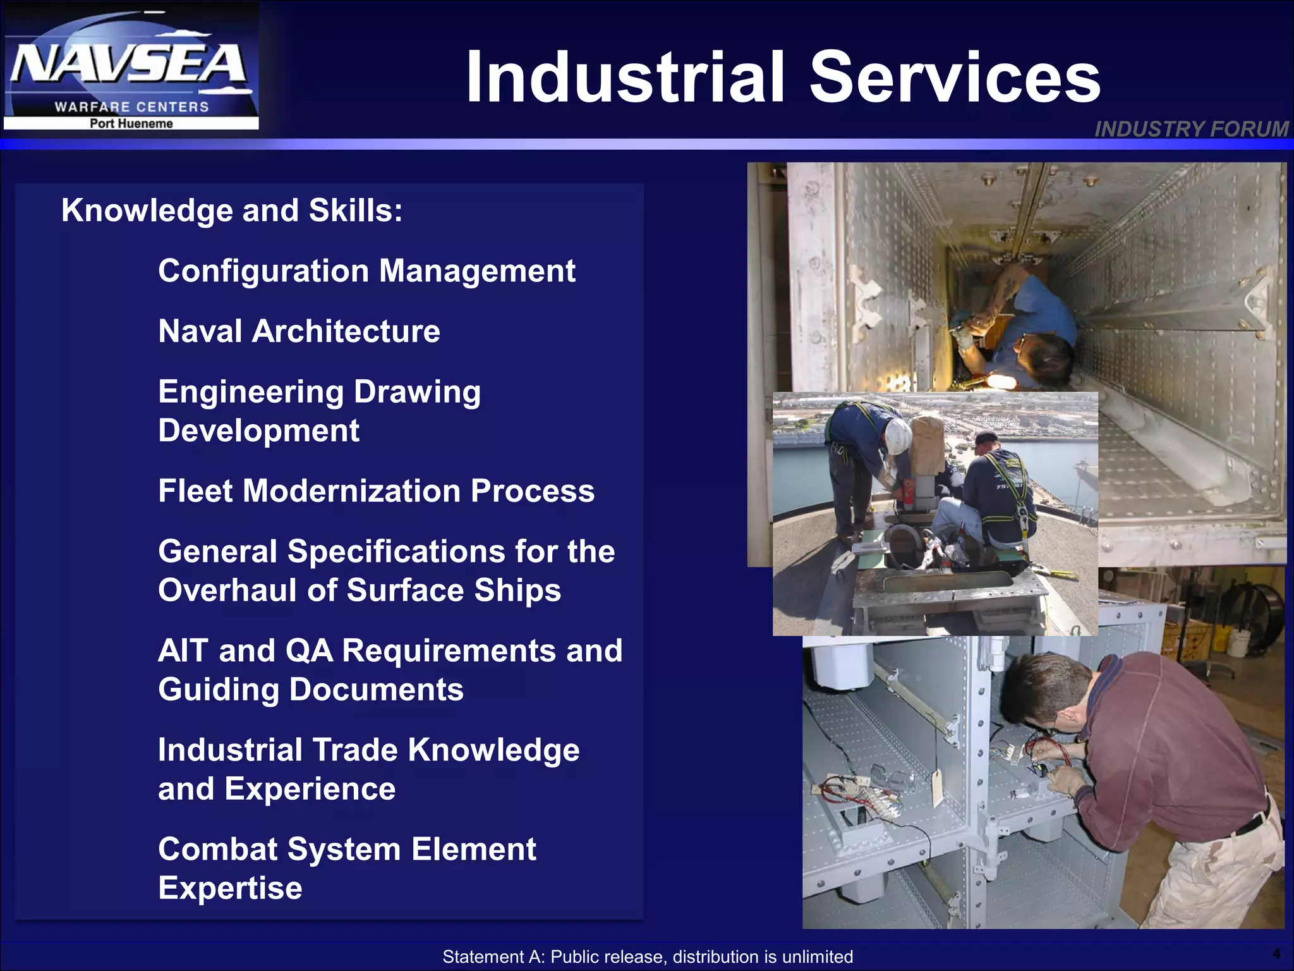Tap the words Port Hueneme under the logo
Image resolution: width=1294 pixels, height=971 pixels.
[131, 124]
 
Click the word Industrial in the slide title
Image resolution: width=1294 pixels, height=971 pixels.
[626, 77]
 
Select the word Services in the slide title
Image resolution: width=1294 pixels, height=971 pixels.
[955, 77]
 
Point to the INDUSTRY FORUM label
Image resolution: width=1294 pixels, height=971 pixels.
[1191, 129]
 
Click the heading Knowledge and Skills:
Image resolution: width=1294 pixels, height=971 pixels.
[232, 211]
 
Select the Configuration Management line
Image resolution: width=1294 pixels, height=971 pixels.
[366, 271]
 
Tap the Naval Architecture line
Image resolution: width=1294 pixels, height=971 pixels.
[299, 331]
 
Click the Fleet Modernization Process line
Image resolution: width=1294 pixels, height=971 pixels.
[376, 491]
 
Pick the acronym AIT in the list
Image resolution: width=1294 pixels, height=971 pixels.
[183, 650]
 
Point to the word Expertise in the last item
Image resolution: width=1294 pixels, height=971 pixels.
[230, 888]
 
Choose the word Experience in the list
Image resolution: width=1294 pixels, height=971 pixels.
[310, 789]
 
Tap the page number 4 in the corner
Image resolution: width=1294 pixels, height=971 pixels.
[1276, 953]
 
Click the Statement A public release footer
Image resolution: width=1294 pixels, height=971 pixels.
[647, 956]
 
